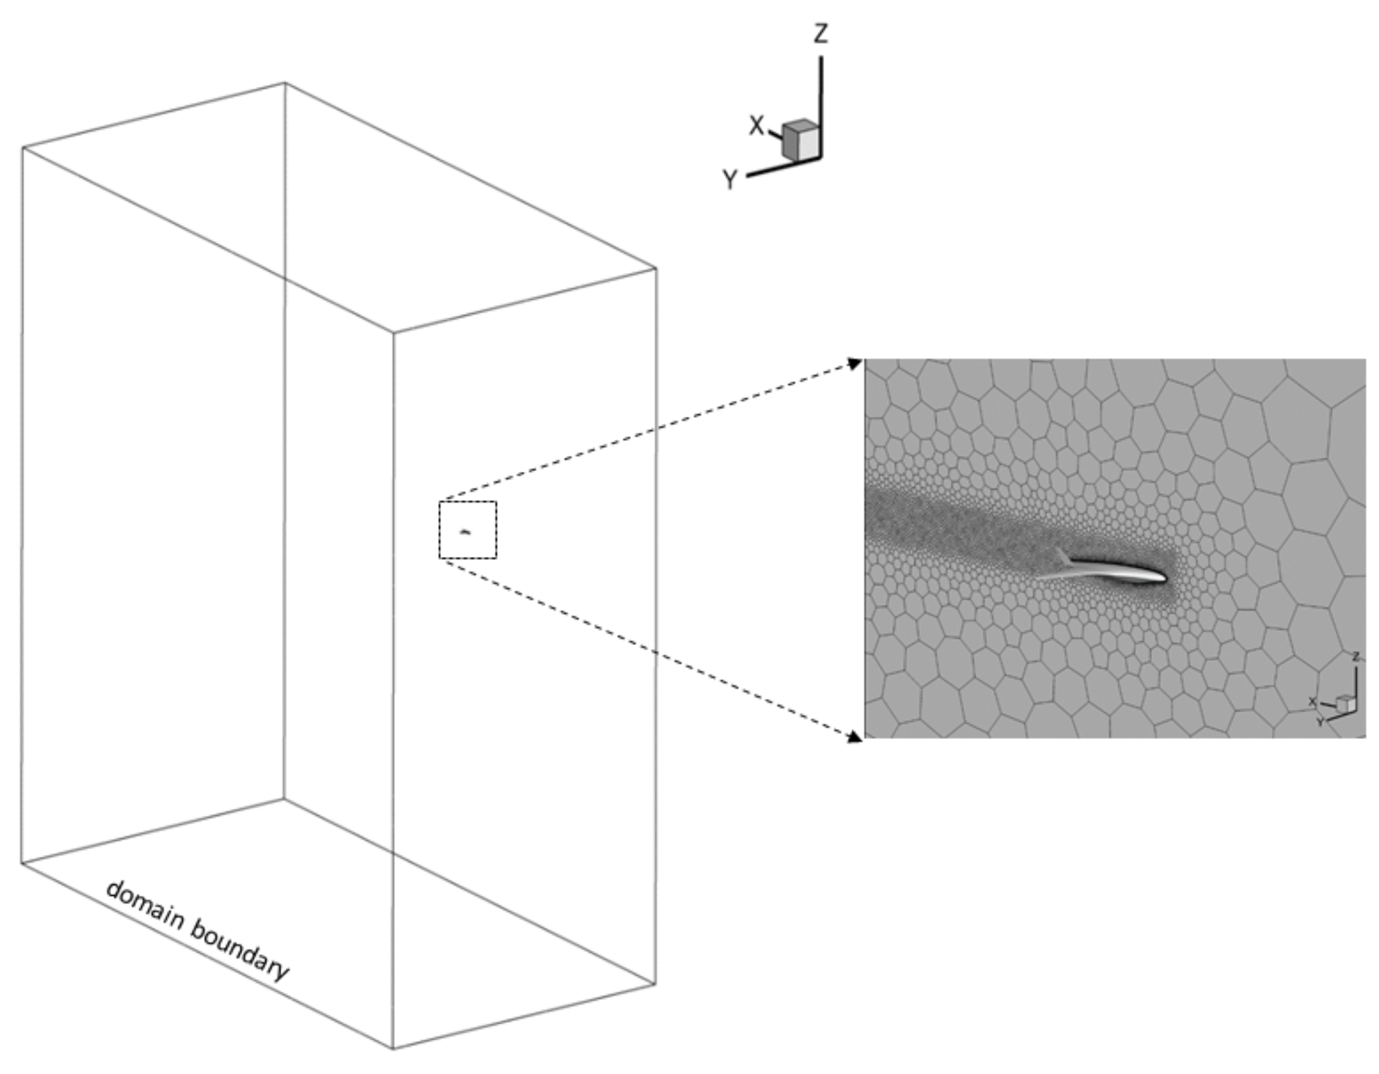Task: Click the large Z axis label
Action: tap(820, 33)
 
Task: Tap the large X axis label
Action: tap(756, 125)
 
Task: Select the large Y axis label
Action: tap(730, 180)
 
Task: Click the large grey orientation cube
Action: tap(801, 140)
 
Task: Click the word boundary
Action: tap(240, 950)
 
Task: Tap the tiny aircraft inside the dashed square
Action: tap(465, 531)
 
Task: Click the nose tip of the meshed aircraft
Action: tap(1166, 577)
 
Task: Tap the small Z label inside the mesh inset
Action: tap(1355, 657)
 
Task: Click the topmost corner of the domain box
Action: tap(285, 83)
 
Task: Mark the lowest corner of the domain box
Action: tap(393, 1048)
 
